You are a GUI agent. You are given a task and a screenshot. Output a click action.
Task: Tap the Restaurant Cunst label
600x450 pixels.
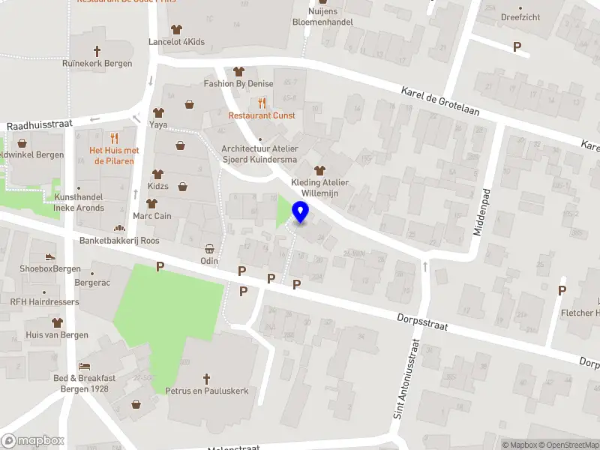[x=262, y=115]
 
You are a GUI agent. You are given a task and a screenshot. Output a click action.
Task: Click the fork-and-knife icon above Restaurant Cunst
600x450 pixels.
[x=262, y=103]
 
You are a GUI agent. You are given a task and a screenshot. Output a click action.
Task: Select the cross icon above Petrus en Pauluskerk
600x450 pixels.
[x=207, y=379]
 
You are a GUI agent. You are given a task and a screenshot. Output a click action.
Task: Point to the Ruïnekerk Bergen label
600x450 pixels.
[x=97, y=64]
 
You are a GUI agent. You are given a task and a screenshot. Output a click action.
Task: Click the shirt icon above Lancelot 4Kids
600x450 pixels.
[x=176, y=30]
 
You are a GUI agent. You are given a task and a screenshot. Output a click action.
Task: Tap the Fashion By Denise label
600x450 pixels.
[x=238, y=83]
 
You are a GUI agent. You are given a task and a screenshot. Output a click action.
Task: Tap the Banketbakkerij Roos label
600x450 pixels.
[x=120, y=241]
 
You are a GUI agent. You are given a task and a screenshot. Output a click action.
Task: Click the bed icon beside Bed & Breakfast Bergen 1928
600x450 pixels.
[x=85, y=366]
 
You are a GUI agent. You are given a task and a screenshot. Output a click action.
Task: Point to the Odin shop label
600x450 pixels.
[x=209, y=260]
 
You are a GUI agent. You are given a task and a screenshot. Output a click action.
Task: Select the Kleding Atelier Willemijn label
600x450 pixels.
[x=320, y=187]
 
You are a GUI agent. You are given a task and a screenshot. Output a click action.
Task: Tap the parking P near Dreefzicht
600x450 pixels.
[x=517, y=46]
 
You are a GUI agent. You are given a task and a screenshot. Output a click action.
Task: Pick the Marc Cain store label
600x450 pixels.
[x=153, y=216]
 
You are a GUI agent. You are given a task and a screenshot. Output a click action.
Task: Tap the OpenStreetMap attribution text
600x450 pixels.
[x=565, y=445]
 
